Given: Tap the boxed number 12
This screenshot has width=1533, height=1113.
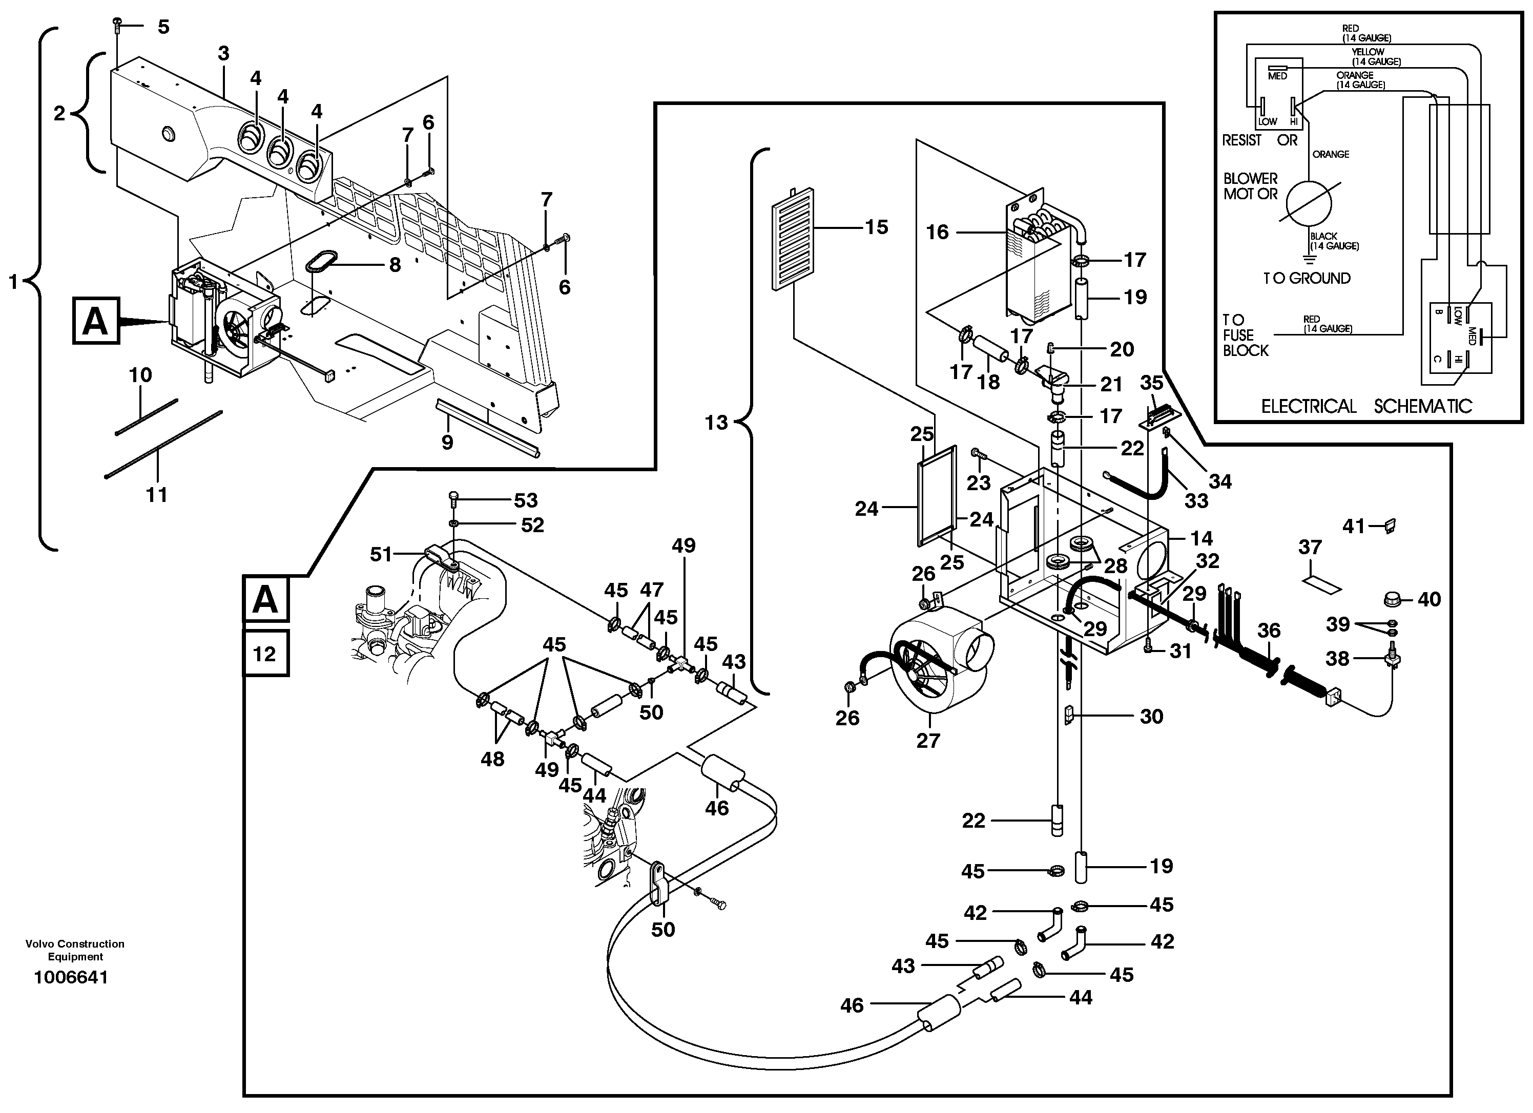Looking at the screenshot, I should (265, 654).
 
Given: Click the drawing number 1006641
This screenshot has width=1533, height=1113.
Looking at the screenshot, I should (71, 978).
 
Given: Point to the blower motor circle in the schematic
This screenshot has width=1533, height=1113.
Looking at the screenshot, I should (1308, 202).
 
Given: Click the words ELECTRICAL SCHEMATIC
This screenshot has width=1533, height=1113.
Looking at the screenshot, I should (1366, 406).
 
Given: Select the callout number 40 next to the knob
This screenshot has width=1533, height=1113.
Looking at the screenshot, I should (1429, 599).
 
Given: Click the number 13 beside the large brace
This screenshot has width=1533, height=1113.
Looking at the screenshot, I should (716, 423).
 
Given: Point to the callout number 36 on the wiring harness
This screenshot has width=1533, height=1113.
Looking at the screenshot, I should (1269, 631).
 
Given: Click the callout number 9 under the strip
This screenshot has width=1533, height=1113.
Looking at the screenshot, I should (447, 443).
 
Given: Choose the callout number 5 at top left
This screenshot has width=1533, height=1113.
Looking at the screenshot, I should (163, 27).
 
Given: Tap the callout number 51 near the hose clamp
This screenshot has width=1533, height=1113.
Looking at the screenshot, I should (381, 554).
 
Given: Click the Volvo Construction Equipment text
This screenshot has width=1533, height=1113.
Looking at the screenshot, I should (75, 950).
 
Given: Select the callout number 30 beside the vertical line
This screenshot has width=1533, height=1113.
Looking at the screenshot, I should (1151, 717).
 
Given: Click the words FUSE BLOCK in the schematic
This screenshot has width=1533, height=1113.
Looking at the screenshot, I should (1245, 343).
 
